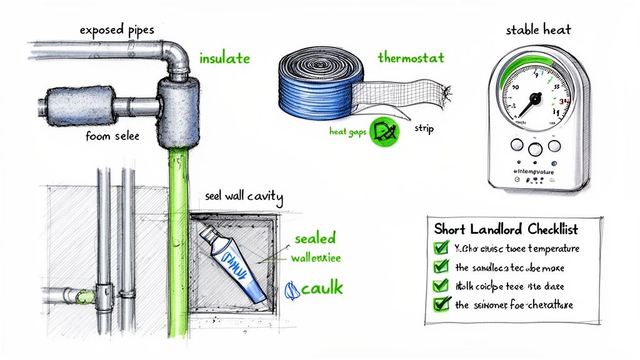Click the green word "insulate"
click(224, 59)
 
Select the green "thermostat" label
click(411, 57)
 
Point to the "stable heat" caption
click(538, 29)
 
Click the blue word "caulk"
click(322, 288)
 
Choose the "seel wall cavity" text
click(244, 196)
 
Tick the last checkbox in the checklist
click(441, 304)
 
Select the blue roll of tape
click(312, 84)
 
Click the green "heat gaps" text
click(347, 132)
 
